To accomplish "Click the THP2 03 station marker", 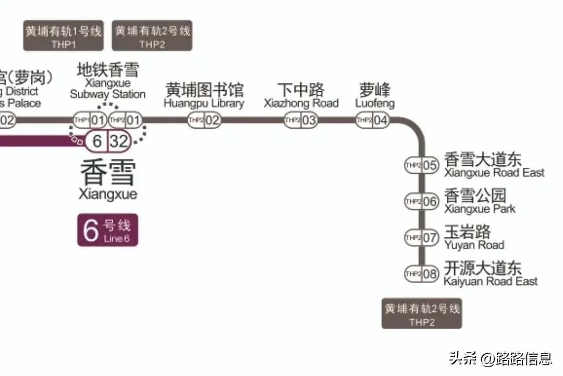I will pos(301,121).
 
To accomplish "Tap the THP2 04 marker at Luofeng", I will pos(373,121).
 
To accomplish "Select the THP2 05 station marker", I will pos(422,165).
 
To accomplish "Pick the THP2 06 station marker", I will pos(422,201).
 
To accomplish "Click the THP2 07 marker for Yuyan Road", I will pos(422,238).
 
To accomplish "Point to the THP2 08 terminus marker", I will pos(422,274).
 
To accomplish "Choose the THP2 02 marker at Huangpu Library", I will pos(204,121).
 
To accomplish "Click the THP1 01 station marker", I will pos(90,121).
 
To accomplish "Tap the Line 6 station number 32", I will pos(119,140).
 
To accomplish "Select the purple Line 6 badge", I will pos(108,230).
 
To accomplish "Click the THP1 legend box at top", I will pos(63,36).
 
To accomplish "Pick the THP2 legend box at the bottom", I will pos(422,313).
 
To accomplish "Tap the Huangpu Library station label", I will pos(204,95).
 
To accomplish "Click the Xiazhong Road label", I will pos(301,95).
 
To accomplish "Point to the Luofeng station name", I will pos(375,95).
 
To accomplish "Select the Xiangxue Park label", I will pos(479,201).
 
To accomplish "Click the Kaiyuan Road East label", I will pos(490,274).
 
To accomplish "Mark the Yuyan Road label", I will pos(474,238).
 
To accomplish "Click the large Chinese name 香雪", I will pos(108,173).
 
